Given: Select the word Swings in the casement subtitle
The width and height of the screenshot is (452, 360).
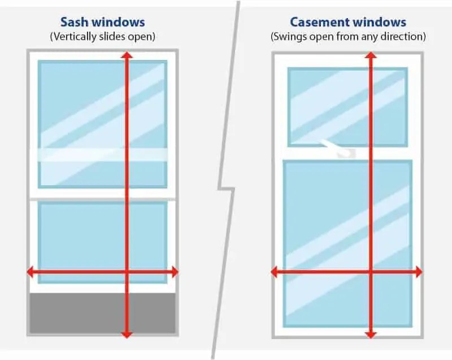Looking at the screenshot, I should click(x=288, y=37).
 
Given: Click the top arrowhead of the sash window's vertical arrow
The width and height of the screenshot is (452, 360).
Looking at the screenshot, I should click(x=127, y=55).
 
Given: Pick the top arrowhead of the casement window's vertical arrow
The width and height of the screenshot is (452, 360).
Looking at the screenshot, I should click(x=370, y=56).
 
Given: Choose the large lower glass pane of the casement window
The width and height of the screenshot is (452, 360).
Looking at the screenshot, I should click(x=328, y=226).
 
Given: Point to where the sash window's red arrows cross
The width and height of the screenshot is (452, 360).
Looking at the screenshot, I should click(x=127, y=272).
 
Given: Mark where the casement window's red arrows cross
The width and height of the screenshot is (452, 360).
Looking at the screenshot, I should click(x=370, y=272).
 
